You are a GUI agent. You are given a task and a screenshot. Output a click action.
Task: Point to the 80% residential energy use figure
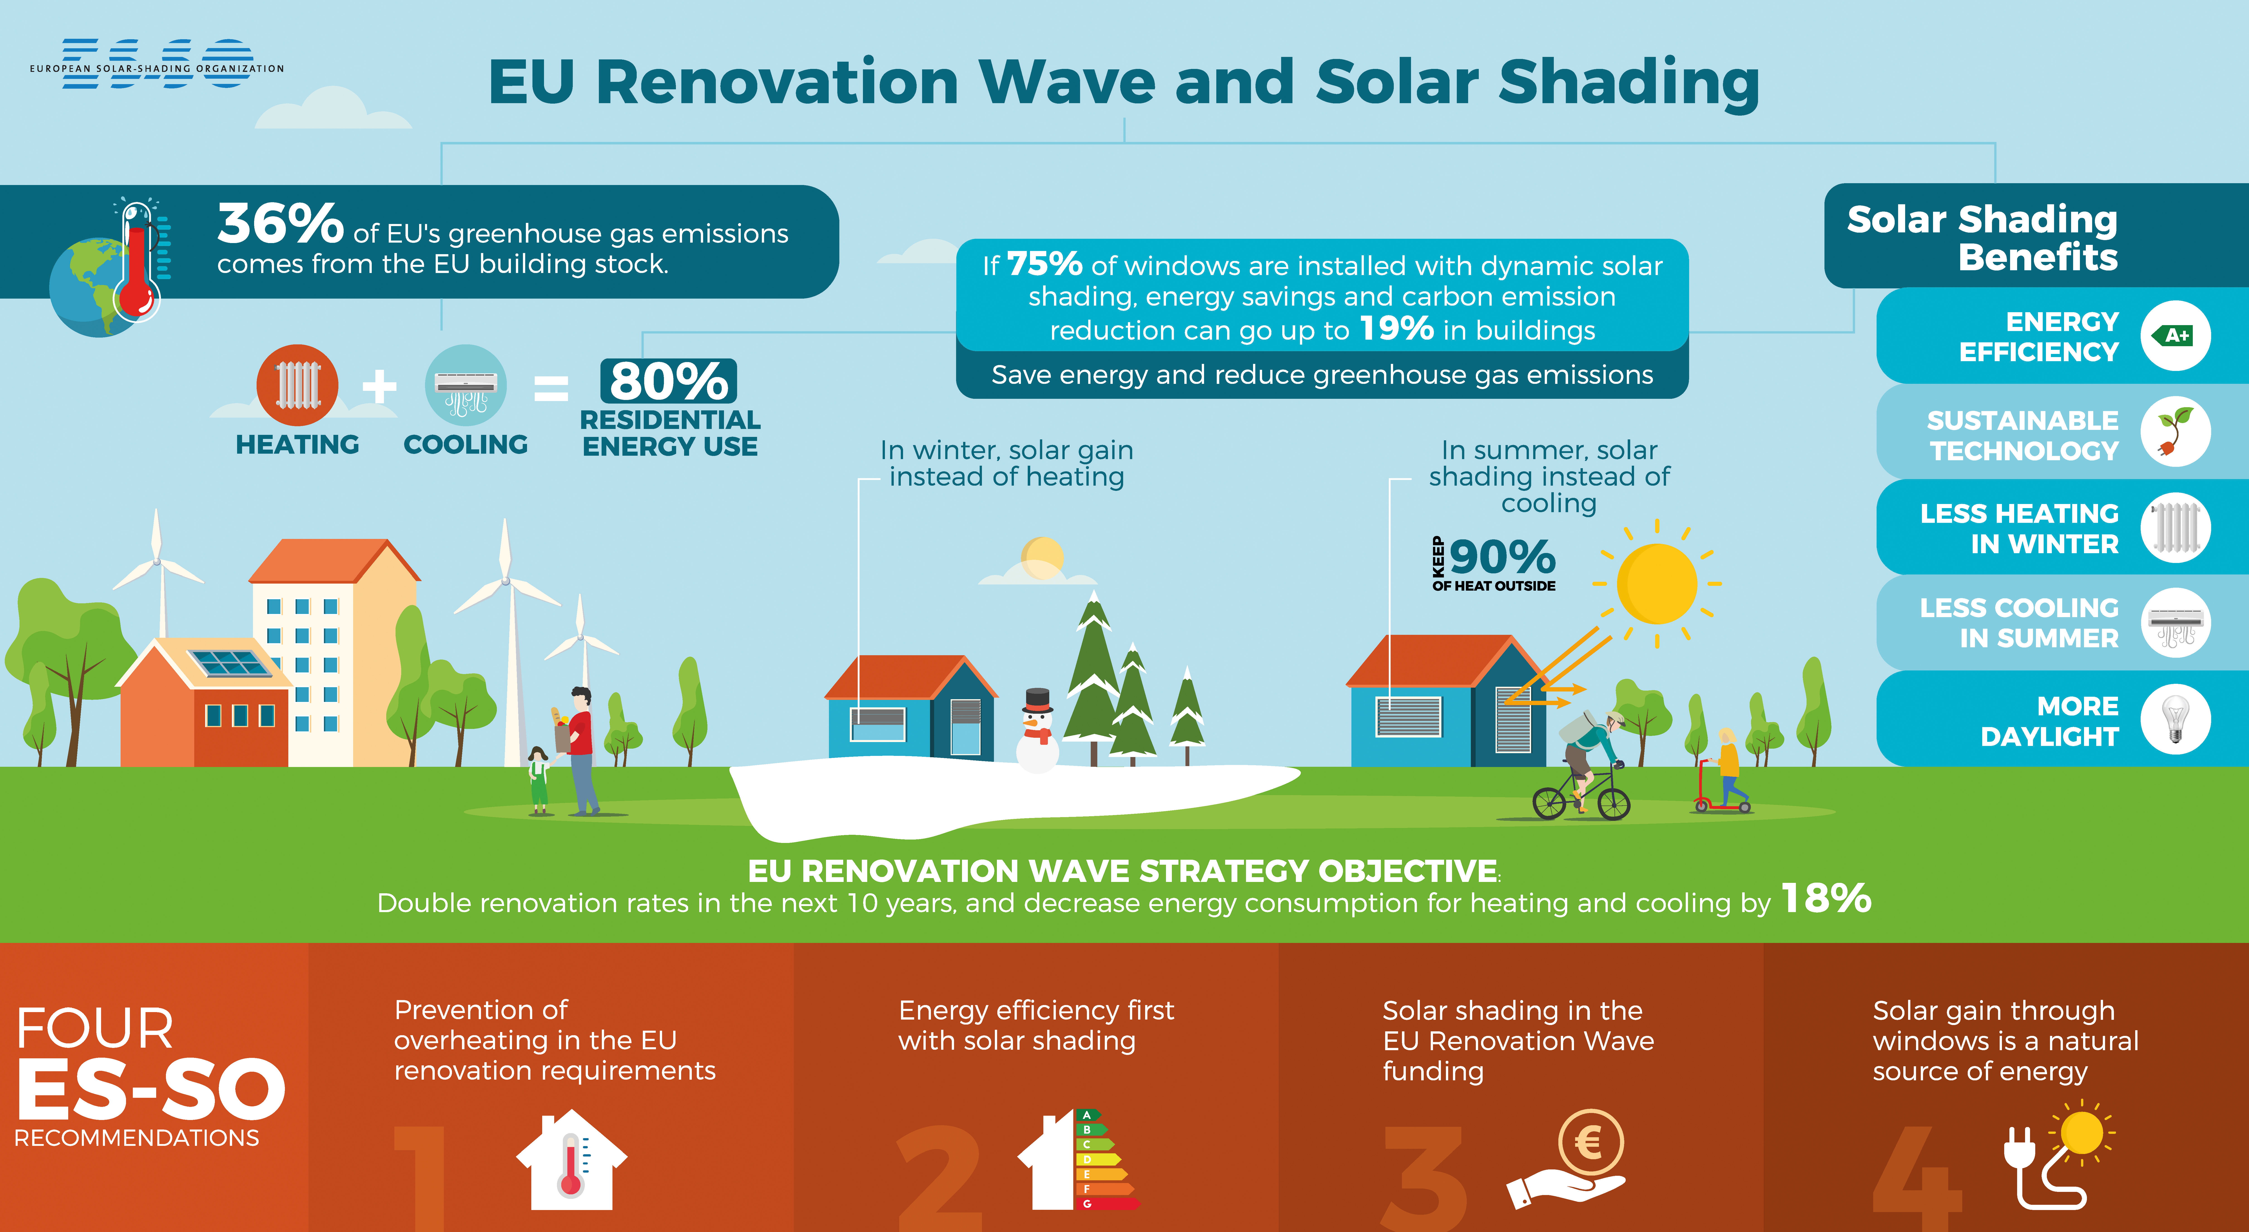pos(669,381)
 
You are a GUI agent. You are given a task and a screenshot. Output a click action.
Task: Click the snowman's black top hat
pos(1037,700)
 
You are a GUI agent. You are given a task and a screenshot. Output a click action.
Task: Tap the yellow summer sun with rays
pos(1656,583)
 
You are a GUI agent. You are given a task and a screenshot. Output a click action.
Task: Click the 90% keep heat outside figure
pos(1502,556)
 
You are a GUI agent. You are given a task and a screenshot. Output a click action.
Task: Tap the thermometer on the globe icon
pos(137,259)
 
